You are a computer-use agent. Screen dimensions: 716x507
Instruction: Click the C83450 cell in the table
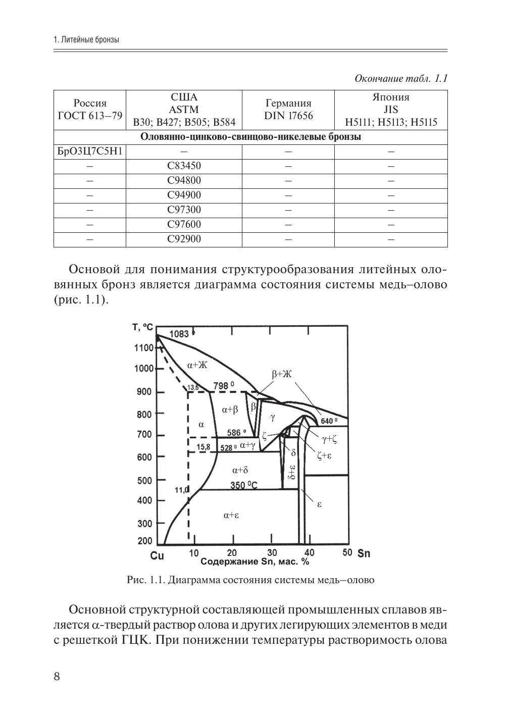point(184,166)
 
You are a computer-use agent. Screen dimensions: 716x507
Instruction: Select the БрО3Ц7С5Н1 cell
point(90,151)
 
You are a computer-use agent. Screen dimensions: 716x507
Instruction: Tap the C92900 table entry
point(184,239)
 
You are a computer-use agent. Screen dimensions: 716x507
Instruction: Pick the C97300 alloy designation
point(184,210)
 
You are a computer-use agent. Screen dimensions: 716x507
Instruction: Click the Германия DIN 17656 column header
point(288,110)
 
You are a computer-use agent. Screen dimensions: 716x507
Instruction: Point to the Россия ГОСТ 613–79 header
point(90,110)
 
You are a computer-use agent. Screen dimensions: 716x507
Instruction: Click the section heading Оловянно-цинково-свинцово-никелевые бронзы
point(250,137)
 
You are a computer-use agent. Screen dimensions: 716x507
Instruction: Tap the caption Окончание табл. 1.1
point(401,79)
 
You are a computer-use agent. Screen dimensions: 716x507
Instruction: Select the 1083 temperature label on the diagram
point(179,334)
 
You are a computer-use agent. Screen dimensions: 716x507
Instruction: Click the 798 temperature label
point(223,386)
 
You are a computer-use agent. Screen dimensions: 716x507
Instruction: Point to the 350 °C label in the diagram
point(243,485)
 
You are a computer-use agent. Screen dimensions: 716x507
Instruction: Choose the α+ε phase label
point(230,515)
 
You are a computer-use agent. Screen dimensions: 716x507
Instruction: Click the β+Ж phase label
point(281,374)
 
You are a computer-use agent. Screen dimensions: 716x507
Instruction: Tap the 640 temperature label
point(329,421)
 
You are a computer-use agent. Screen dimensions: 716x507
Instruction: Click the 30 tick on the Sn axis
point(272,552)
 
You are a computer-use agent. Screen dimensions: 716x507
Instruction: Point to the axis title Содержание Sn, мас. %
point(255,561)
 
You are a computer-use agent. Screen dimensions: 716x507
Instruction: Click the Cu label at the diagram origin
point(157,556)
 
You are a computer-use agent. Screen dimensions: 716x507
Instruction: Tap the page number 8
point(57,677)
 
